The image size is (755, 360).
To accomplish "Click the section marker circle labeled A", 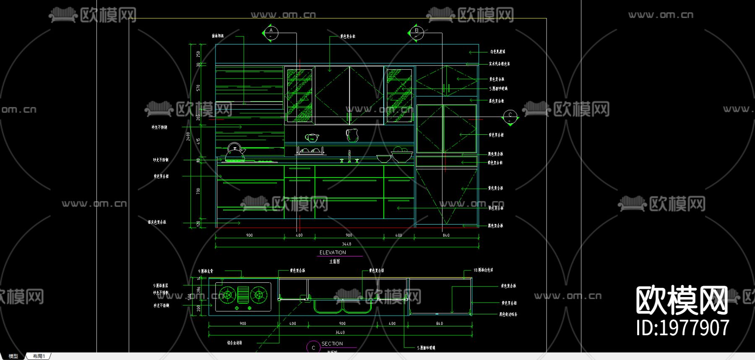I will pyautogui.click(x=271, y=33).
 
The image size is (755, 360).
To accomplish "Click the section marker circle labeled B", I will pyautogui.click(x=416, y=33).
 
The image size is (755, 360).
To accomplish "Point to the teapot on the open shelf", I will pyautogui.click(x=312, y=138).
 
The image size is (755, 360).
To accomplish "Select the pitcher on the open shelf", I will pyautogui.click(x=351, y=135).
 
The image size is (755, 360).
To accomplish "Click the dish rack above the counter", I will pyautogui.click(x=310, y=150).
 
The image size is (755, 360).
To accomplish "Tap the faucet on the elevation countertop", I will pyautogui.click(x=349, y=157).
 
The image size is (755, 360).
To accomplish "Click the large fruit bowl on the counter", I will pyautogui.click(x=401, y=155).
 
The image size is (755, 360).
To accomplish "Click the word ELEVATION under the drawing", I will pyautogui.click(x=333, y=253).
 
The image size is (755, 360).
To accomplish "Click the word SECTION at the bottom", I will pyautogui.click(x=332, y=344).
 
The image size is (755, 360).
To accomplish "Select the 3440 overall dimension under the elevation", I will pyautogui.click(x=346, y=244).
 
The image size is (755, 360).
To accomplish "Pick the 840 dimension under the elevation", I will pyautogui.click(x=446, y=235).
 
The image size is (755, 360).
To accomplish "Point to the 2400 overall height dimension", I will pyautogui.click(x=188, y=136).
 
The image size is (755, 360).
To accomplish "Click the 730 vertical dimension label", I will pyautogui.click(x=198, y=191).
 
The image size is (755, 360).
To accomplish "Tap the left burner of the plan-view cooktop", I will pyautogui.click(x=227, y=295).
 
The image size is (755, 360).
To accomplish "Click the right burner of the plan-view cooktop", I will pyautogui.click(x=258, y=295).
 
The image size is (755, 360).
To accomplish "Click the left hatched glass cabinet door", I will pyautogui.click(x=299, y=96).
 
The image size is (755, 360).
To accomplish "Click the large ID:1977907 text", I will pyautogui.click(x=683, y=328).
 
